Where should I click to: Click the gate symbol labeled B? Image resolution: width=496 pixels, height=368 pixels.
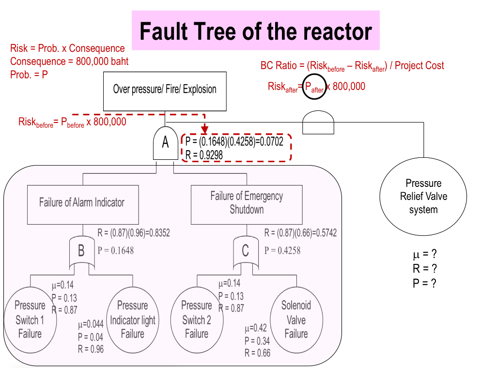pyautogui.click(x=81, y=251)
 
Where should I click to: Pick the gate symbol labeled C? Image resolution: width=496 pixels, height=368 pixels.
pyautogui.click(x=245, y=251)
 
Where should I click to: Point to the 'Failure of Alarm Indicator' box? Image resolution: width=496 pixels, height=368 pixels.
pyautogui.click(x=82, y=203)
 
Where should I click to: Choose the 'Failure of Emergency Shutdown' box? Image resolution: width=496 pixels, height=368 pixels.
pyautogui.click(x=247, y=203)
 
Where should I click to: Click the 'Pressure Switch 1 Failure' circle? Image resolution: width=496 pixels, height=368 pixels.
pyautogui.click(x=30, y=319)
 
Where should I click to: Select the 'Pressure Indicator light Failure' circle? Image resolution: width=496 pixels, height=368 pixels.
pyautogui.click(x=132, y=319)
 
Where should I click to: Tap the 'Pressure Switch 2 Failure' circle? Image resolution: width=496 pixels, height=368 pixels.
pyautogui.click(x=196, y=319)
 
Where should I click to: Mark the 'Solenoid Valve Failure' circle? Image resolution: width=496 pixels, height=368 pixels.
pyautogui.click(x=296, y=319)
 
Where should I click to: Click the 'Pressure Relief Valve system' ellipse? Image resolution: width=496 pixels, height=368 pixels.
pyautogui.click(x=423, y=197)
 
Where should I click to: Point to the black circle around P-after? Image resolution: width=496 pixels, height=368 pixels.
pyautogui.click(x=314, y=87)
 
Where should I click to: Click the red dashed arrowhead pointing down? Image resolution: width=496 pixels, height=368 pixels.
pyautogui.click(x=205, y=129)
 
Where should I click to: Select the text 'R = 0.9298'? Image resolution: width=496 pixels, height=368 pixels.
pyautogui.click(x=204, y=155)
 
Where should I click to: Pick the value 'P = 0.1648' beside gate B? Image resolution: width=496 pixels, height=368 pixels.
pyautogui.click(x=116, y=250)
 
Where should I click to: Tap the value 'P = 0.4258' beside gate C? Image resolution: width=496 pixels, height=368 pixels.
pyautogui.click(x=282, y=250)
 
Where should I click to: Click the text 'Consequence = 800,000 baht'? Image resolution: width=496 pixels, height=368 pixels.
pyautogui.click(x=69, y=61)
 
